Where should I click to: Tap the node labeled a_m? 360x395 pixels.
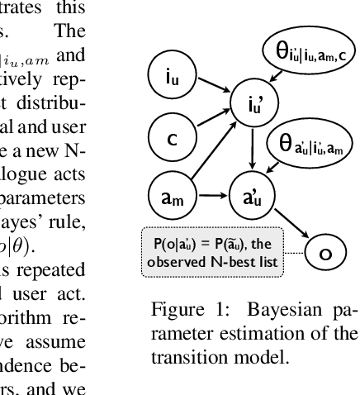tap(170, 197)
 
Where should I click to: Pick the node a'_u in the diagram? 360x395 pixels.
tap(253, 197)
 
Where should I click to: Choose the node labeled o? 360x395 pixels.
tap(325, 252)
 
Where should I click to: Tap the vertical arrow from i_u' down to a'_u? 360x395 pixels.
tap(253, 152)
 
